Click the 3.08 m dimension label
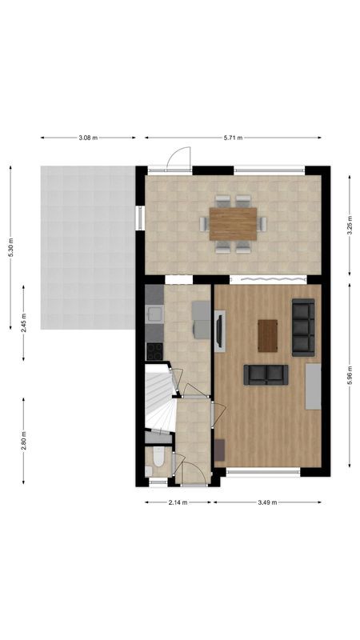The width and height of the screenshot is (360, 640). click(x=88, y=138)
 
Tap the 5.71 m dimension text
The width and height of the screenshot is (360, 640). click(x=232, y=138)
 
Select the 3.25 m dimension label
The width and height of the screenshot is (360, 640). click(x=350, y=226)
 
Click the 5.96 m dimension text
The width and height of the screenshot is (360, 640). click(x=350, y=376)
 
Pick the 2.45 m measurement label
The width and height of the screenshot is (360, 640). click(x=24, y=322)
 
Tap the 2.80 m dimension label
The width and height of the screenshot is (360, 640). click(x=24, y=442)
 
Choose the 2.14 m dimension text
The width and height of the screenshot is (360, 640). click(x=178, y=502)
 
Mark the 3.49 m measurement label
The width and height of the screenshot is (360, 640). click(x=267, y=502)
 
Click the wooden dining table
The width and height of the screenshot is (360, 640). click(x=233, y=223)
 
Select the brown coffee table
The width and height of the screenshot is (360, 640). click(x=267, y=335)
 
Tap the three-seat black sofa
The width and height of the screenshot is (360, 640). click(x=302, y=326)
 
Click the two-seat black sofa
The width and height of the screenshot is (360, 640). click(x=266, y=374)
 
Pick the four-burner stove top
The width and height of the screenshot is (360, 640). click(x=154, y=350)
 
